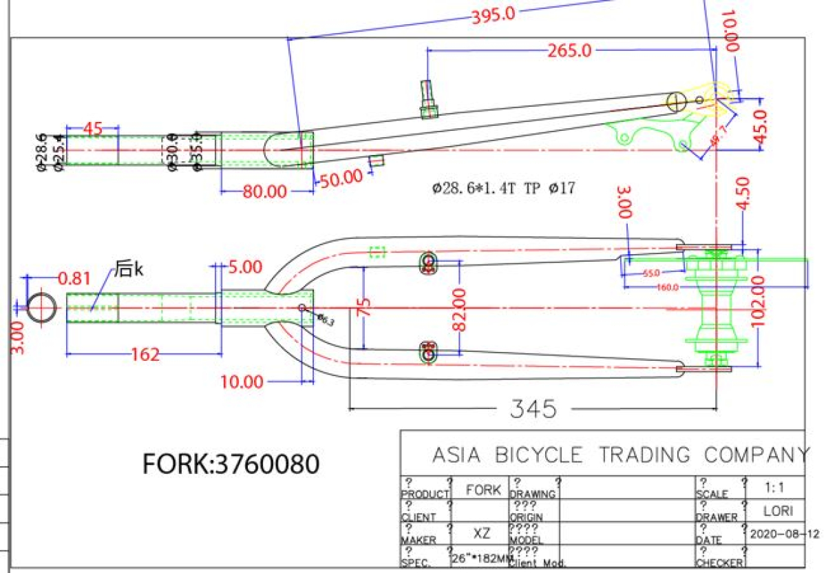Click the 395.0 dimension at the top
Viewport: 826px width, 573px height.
coord(493,14)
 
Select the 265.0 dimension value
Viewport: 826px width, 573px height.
coord(569,51)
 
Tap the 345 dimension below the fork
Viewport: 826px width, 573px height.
coord(533,409)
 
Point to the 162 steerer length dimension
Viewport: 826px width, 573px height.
coord(145,355)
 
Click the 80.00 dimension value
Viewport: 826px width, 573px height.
coord(264,191)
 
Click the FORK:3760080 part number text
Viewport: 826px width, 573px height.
coord(231,464)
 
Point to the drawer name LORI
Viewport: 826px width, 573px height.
coord(778,511)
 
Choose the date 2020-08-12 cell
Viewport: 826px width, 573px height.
coord(784,534)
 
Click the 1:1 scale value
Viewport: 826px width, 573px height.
coord(776,488)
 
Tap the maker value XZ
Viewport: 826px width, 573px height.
coord(482,534)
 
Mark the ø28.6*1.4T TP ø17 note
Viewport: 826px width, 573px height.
coord(504,187)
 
